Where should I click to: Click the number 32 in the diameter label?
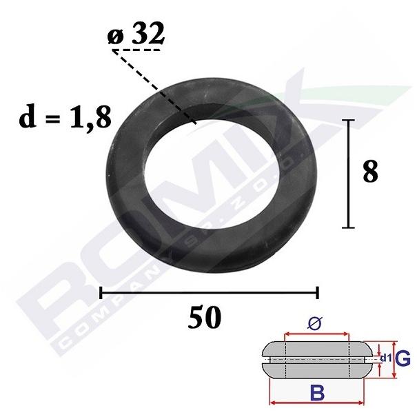click(148, 33)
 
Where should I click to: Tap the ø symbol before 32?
click(115, 37)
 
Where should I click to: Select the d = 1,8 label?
click(65, 117)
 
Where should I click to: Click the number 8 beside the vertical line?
click(370, 172)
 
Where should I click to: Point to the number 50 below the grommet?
click(204, 317)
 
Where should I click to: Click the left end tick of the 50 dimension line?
click(101, 292)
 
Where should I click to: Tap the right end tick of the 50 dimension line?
click(317, 292)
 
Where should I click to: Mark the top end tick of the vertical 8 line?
click(348, 120)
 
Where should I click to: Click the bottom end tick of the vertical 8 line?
click(348, 227)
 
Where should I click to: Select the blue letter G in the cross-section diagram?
click(403, 359)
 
